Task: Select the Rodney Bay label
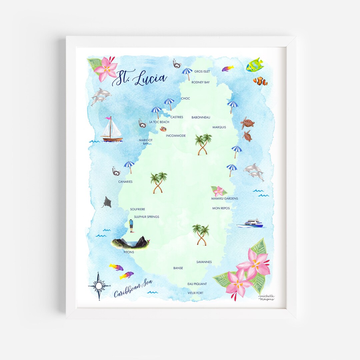(x=200, y=82)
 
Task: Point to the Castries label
(x=177, y=117)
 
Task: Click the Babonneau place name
(x=201, y=117)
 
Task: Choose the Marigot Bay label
(x=146, y=142)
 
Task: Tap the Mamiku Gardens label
(x=224, y=199)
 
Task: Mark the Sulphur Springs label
(x=146, y=217)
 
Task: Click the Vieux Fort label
(x=195, y=293)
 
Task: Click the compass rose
(x=99, y=286)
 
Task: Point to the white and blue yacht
(x=250, y=223)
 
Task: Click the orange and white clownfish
(x=260, y=81)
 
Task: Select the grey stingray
(x=107, y=202)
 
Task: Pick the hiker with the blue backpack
(x=131, y=226)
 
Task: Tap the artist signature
(x=266, y=297)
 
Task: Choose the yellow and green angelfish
(x=255, y=65)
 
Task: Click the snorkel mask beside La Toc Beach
(x=143, y=124)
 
